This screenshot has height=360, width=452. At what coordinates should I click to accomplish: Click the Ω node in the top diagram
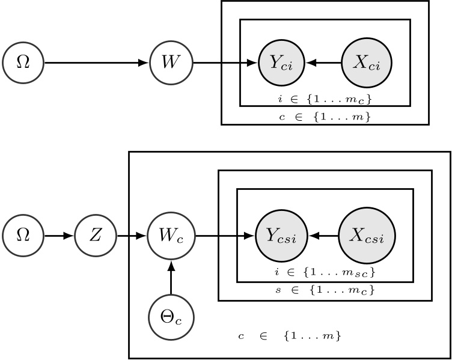click(x=23, y=63)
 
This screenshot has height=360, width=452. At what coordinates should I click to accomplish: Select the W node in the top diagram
click(x=172, y=63)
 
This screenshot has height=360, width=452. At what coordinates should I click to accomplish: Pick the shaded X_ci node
click(x=366, y=63)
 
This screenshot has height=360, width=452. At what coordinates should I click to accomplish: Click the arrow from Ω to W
click(x=96, y=63)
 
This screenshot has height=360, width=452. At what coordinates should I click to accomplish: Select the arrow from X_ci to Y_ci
click(x=323, y=63)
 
